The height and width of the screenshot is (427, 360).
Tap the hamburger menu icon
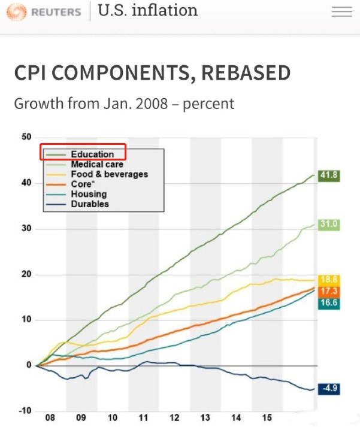(x=342, y=11)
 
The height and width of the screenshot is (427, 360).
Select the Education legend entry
(x=92, y=154)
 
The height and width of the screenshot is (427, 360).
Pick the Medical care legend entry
(x=97, y=164)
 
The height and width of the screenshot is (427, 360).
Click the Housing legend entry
(x=89, y=194)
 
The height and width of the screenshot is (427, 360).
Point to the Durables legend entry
(x=90, y=204)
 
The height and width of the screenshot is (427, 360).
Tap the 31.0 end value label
(x=328, y=225)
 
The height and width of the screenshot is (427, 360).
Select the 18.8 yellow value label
(x=328, y=280)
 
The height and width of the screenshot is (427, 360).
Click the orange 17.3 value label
(x=328, y=291)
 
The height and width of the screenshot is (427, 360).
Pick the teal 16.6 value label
(x=328, y=303)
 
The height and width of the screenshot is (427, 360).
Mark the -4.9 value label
(x=328, y=389)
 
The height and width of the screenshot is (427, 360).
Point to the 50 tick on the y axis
(x=26, y=137)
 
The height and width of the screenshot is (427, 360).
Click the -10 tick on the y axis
(x=25, y=410)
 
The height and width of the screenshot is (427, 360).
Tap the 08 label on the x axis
(x=50, y=417)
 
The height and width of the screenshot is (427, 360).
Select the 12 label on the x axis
(x=174, y=417)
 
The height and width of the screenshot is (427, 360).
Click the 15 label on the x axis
(x=267, y=417)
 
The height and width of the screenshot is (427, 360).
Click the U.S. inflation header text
(x=147, y=10)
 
